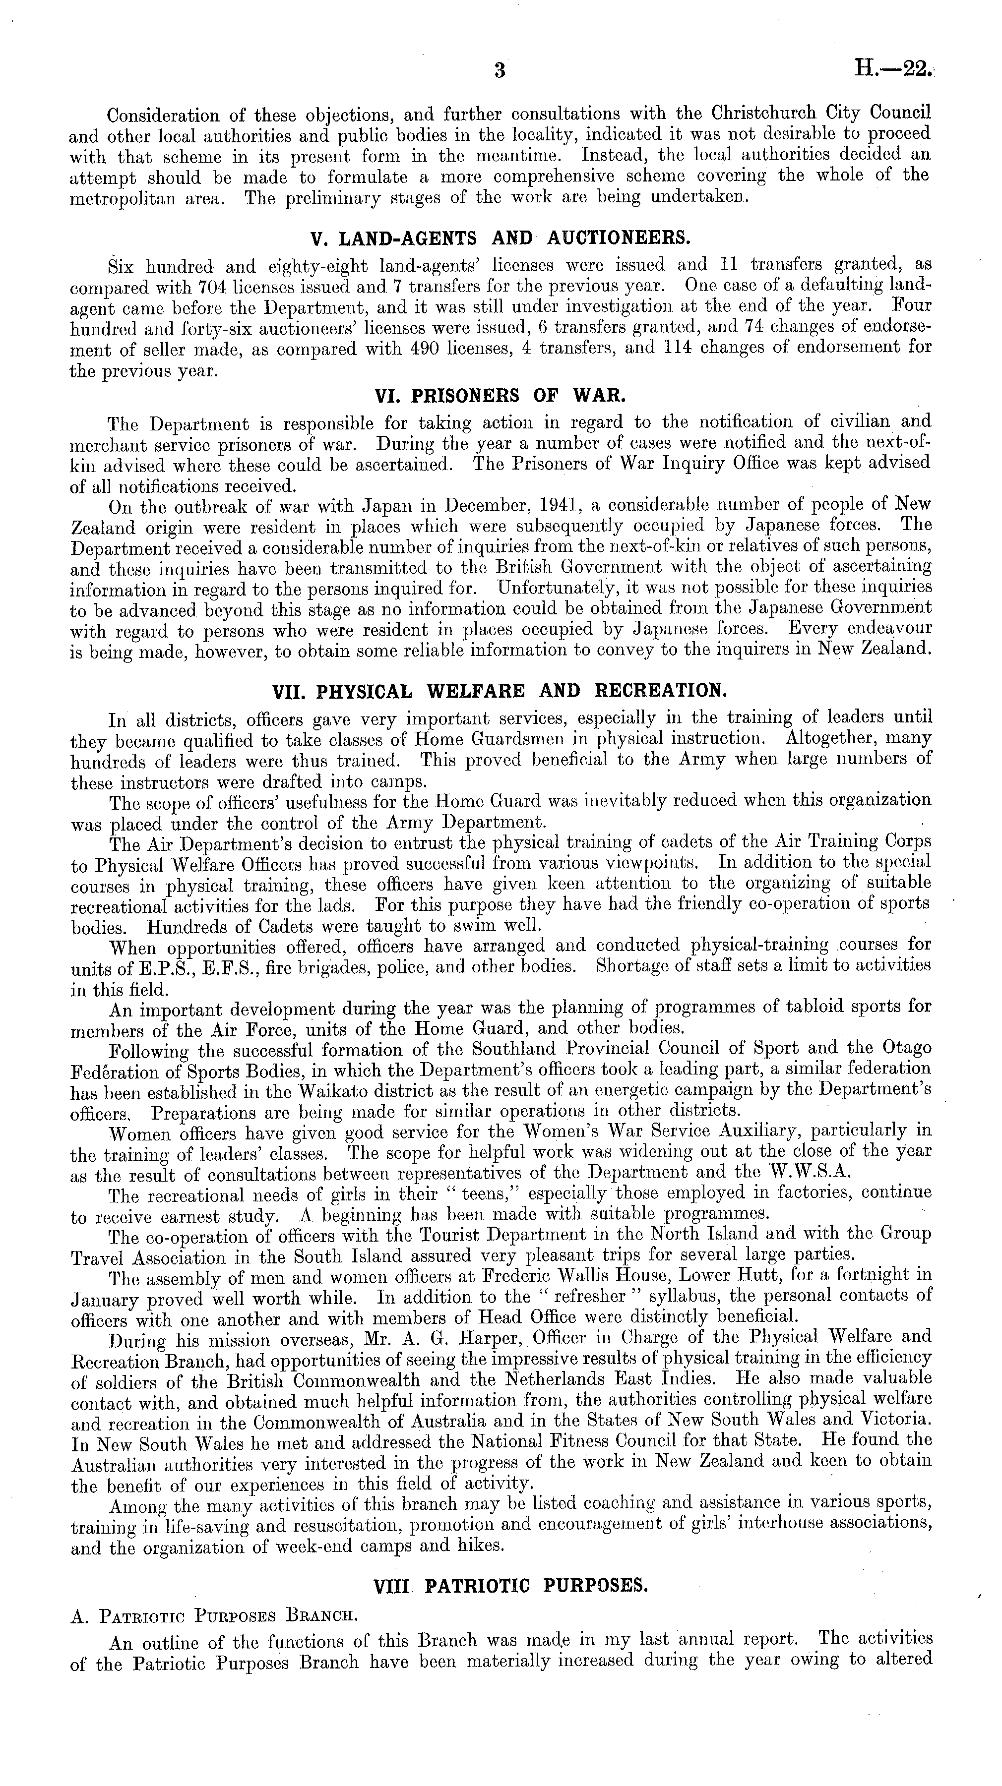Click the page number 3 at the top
(500, 71)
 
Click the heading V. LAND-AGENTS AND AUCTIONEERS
(501, 238)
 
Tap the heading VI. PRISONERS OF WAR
(500, 396)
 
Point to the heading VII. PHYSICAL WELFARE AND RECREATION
(500, 691)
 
